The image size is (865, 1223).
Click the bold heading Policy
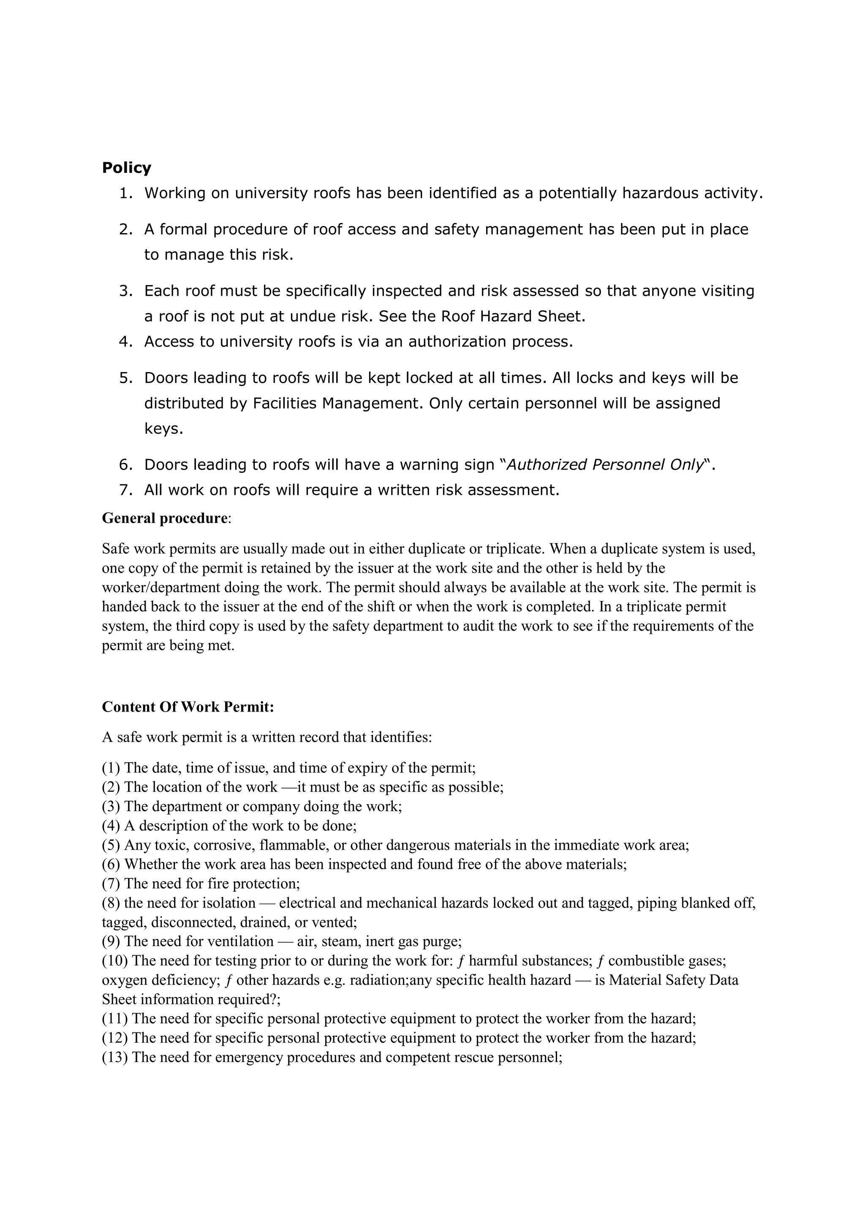pyautogui.click(x=126, y=168)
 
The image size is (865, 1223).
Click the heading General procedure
pyautogui.click(x=165, y=518)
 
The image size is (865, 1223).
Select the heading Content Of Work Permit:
pyautogui.click(x=188, y=707)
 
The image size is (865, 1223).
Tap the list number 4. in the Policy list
pyautogui.click(x=126, y=342)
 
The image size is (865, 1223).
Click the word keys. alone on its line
pyautogui.click(x=163, y=429)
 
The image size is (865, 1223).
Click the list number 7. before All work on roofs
pyautogui.click(x=126, y=490)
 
